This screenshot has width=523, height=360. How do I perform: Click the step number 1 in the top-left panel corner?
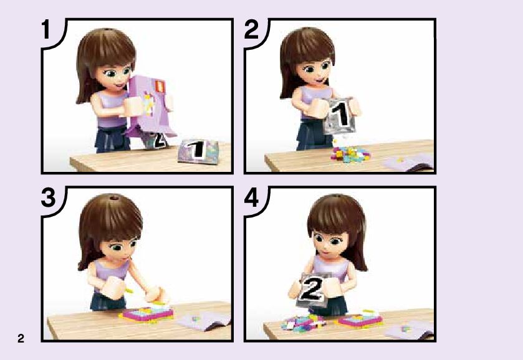point(46,29)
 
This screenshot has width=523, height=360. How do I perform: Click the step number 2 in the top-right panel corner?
point(251,29)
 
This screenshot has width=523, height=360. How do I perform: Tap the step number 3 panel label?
point(49,197)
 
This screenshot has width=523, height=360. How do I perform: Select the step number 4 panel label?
point(251,197)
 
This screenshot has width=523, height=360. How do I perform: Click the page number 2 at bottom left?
point(21,338)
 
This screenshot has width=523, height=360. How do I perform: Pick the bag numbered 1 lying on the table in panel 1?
point(198,152)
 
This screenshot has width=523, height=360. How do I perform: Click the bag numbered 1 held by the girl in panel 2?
point(340,116)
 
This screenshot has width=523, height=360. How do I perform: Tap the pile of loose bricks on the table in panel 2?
point(350,154)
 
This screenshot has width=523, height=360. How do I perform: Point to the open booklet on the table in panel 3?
point(204,320)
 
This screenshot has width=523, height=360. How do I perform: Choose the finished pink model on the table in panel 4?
point(360,319)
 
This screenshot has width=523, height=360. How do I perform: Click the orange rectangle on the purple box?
point(160,86)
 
